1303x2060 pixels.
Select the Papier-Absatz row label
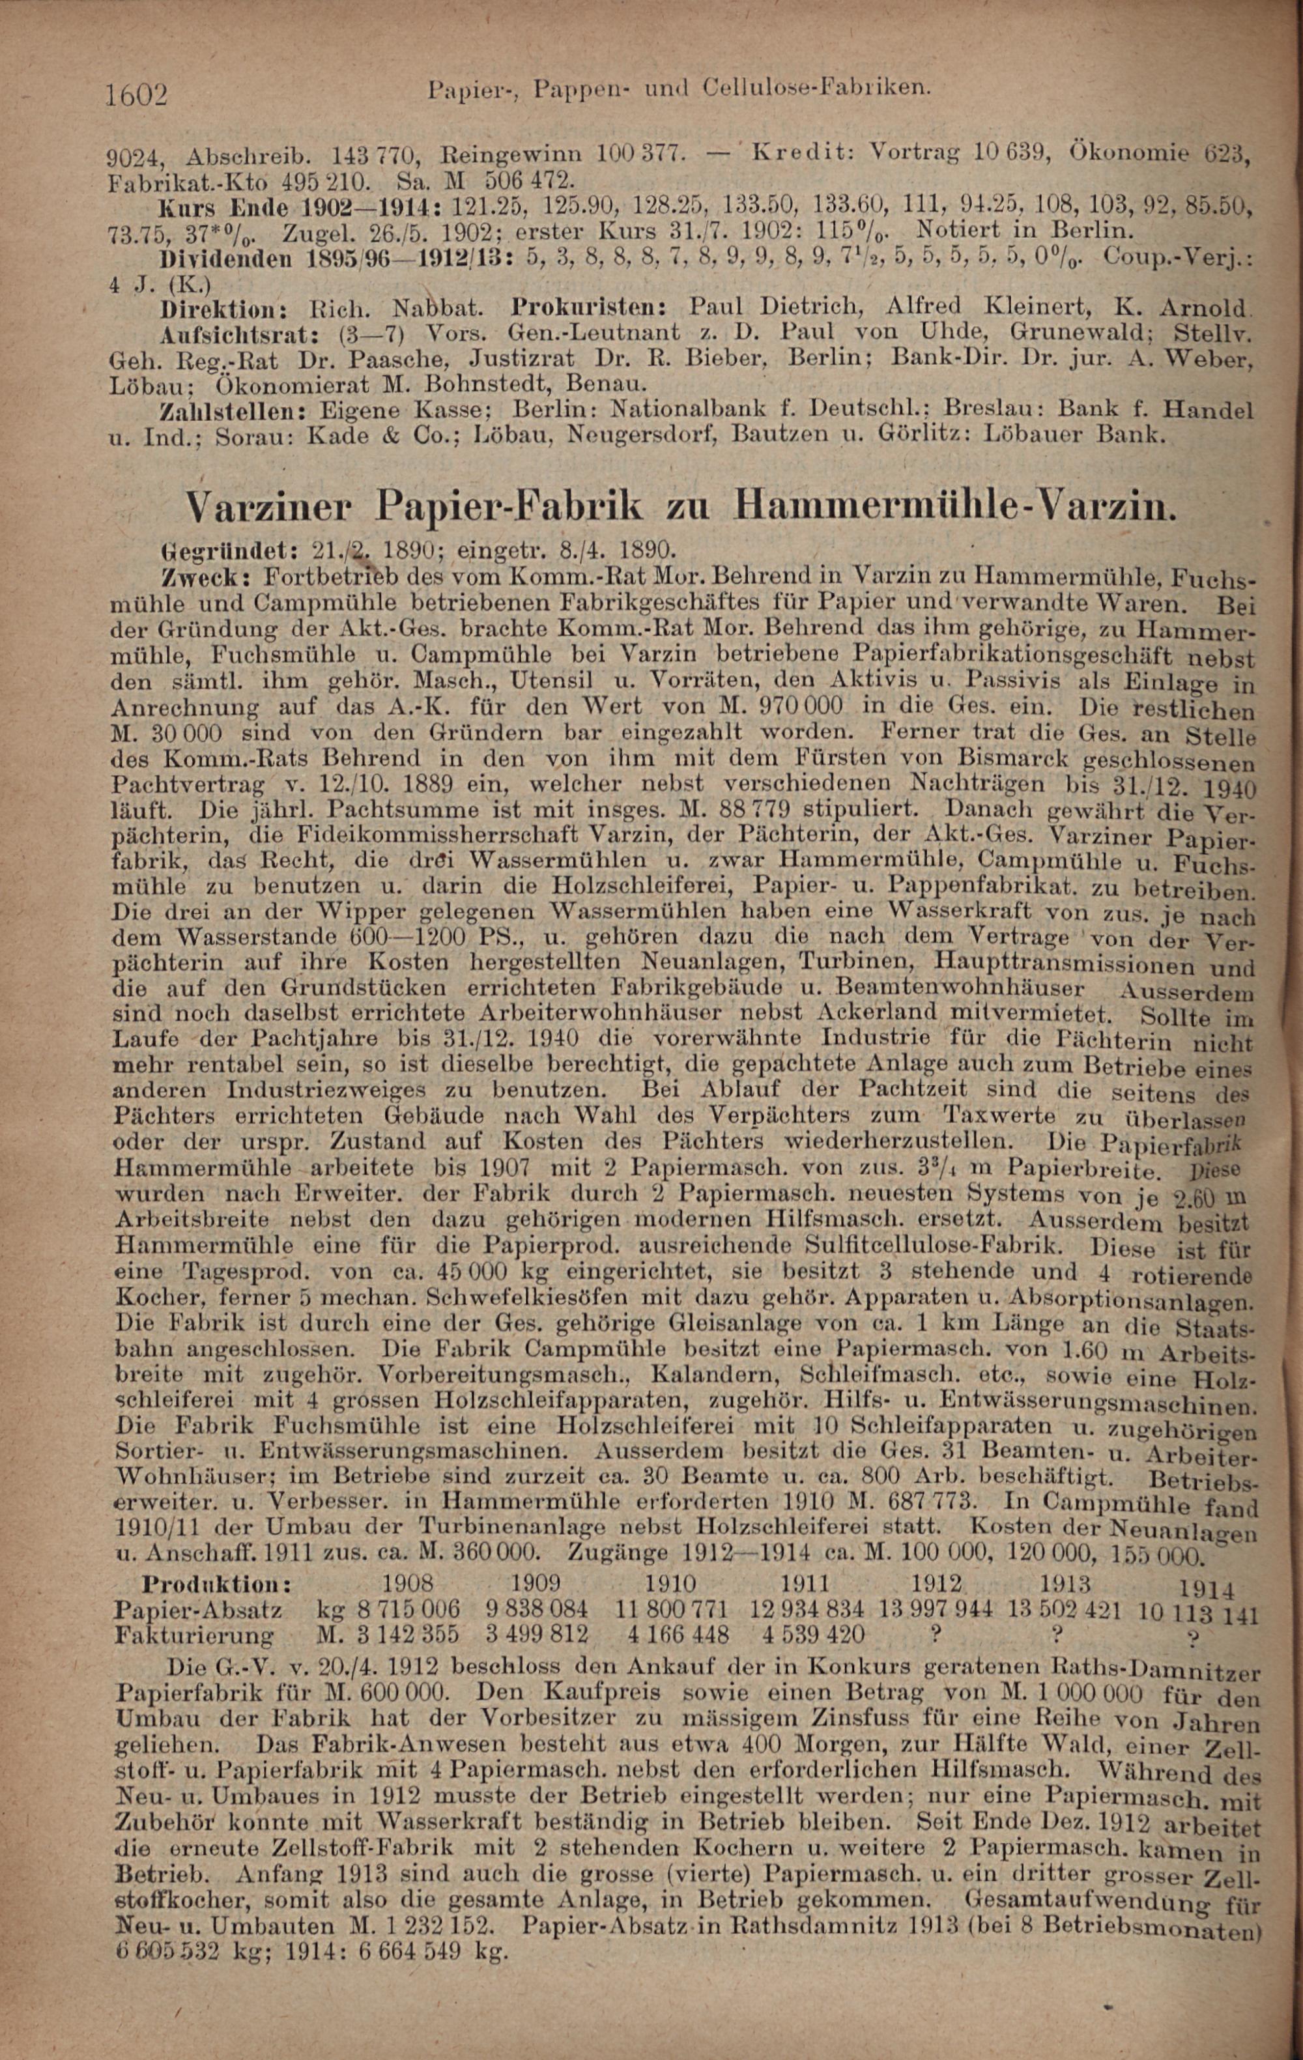click(197, 1609)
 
